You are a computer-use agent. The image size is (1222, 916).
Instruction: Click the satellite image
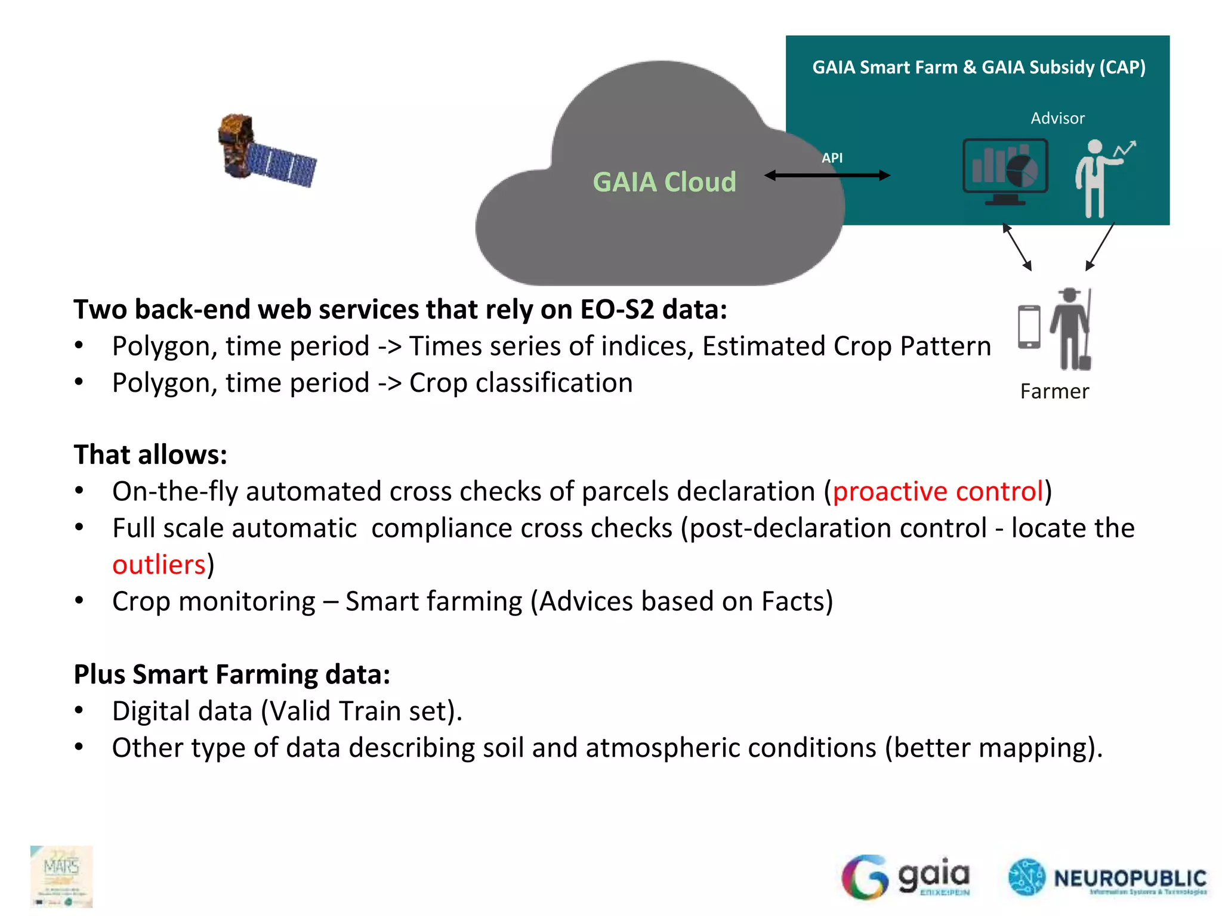coord(266,151)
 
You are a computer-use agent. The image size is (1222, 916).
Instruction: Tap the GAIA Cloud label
coord(664,182)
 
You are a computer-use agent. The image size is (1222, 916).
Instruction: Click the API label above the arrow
coord(832,158)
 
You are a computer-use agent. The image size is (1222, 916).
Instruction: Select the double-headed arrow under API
coord(828,175)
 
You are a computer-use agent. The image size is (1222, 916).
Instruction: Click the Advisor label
coord(1057,118)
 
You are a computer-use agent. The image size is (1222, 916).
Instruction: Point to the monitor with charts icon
coord(1005,172)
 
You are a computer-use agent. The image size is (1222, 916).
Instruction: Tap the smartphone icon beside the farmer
coord(1029,327)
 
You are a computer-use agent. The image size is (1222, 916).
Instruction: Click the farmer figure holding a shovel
coord(1072,329)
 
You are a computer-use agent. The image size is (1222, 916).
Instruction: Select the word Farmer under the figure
coord(1054,392)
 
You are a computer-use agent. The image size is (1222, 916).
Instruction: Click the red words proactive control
coord(937,491)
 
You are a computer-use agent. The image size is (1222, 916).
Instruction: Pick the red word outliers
coord(159,565)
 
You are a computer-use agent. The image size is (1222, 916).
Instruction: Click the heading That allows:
coord(150,454)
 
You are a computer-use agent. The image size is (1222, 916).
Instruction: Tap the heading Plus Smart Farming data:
coord(232,674)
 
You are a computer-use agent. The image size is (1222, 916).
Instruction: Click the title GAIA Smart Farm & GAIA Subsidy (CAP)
coord(979,67)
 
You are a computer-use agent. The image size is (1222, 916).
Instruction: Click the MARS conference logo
coord(61,876)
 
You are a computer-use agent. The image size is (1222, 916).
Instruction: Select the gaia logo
coord(906,877)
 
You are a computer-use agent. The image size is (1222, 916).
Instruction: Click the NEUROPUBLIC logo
coord(1107,877)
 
